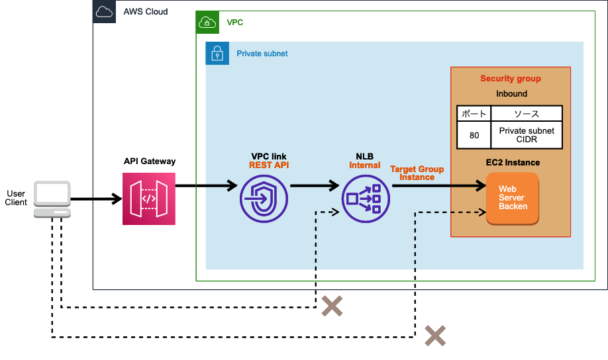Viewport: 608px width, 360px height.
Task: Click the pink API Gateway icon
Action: point(149,199)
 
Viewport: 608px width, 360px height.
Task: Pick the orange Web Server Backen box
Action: point(513,197)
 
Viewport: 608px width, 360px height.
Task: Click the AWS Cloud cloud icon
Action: point(105,12)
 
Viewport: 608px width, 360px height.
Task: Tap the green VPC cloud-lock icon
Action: point(208,22)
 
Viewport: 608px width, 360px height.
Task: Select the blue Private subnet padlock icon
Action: point(217,53)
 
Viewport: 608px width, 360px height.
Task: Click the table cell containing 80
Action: point(474,135)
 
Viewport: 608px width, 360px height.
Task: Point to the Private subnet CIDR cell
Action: point(527,135)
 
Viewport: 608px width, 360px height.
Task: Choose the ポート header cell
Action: point(474,113)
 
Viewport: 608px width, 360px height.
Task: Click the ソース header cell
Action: point(527,113)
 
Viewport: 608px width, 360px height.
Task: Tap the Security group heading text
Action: point(510,79)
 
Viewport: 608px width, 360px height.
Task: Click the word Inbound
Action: point(511,94)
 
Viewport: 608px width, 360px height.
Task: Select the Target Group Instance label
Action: point(417,173)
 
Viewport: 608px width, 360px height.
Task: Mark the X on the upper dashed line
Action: point(332,306)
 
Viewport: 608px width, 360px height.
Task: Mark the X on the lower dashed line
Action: point(435,336)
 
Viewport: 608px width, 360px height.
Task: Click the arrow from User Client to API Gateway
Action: point(97,199)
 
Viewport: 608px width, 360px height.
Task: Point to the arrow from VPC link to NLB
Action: point(315,187)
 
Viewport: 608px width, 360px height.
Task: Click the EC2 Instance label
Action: point(513,162)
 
